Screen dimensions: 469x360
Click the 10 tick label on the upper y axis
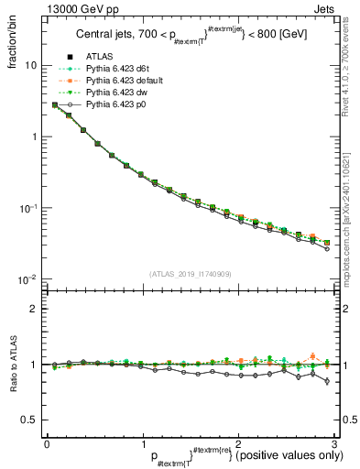tap(31, 66)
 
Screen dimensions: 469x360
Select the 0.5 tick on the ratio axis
tap(32, 420)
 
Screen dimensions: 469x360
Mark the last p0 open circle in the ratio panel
tap(327, 381)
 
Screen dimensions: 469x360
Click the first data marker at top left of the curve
tap(55, 105)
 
